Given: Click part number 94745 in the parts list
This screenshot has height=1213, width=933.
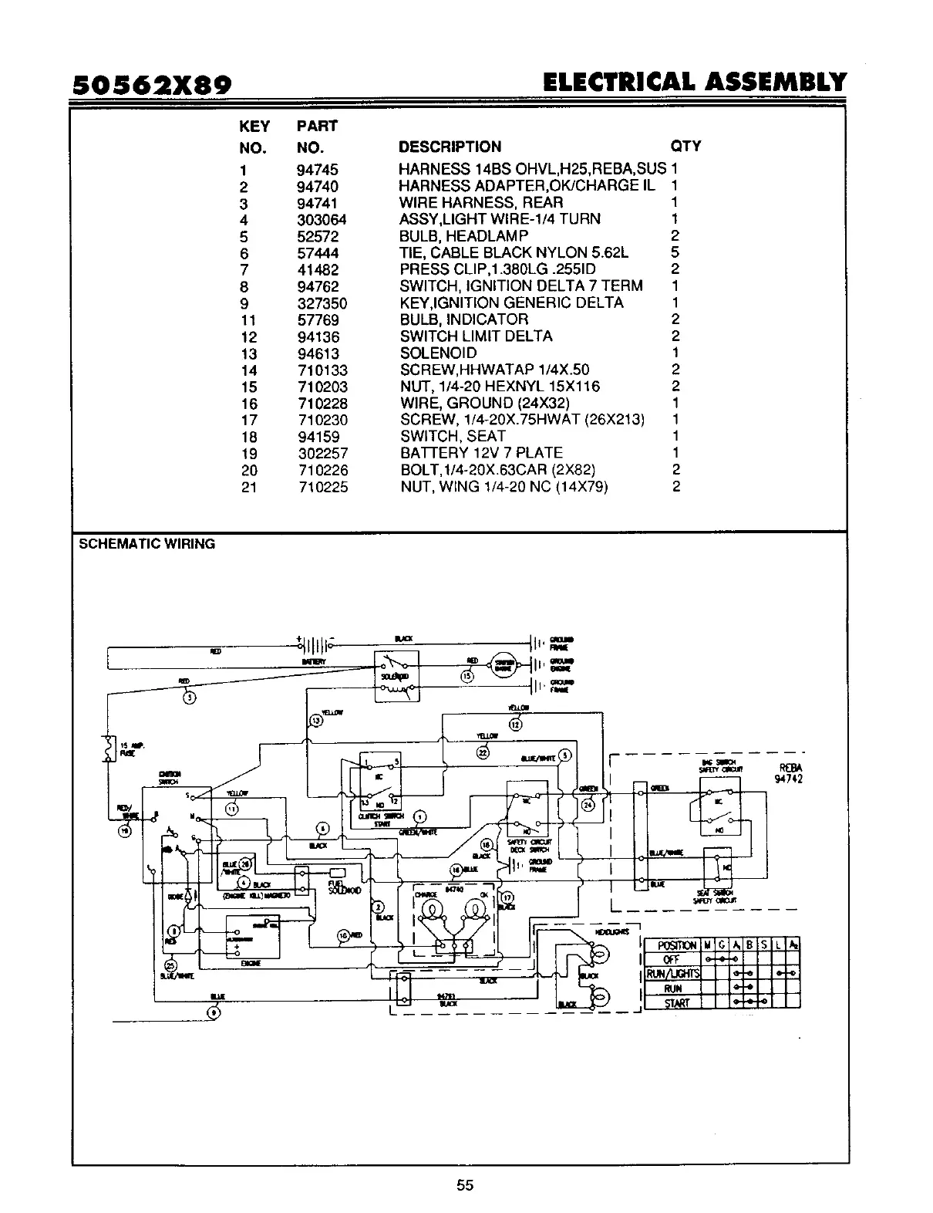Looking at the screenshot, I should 317,170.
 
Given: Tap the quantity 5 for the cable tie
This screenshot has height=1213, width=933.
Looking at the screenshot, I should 675,253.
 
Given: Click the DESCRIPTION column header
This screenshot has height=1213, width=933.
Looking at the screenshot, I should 450,147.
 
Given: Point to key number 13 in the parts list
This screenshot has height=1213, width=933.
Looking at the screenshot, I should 248,353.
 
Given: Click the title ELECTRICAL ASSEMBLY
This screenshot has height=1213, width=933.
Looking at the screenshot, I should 694,82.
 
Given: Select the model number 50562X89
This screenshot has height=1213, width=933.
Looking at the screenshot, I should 153,84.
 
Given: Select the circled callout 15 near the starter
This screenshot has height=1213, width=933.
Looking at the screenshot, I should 467,676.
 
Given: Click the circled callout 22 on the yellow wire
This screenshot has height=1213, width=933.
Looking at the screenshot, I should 483,753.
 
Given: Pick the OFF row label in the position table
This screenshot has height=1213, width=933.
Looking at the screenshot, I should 672,959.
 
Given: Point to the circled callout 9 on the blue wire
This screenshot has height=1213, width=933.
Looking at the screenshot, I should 214,1013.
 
